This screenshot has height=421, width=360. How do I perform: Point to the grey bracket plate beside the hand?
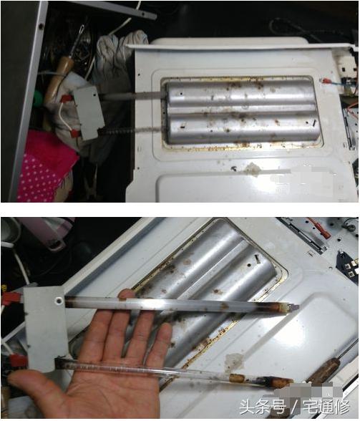(x=47, y=326)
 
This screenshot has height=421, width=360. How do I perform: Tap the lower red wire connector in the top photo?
(x=73, y=133)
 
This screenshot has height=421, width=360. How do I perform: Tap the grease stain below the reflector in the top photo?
(x=252, y=169)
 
